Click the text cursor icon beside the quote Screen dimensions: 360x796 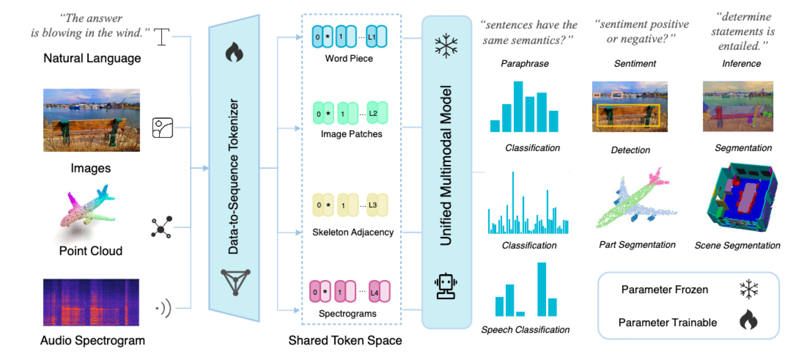point(162,37)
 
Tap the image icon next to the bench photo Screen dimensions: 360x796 point(162,128)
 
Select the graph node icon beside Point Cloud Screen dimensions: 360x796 point(161,228)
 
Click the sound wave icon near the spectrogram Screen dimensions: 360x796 point(164,308)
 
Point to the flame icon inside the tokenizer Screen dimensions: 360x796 point(234,52)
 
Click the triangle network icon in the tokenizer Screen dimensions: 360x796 point(236,282)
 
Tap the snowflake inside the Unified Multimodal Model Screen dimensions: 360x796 point(446,46)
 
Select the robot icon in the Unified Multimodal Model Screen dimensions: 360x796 point(446,286)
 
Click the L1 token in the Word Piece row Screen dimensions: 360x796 point(372,37)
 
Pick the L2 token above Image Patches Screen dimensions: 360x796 point(373,113)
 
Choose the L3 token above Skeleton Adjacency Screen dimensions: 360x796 point(373,205)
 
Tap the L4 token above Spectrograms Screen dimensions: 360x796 point(374,292)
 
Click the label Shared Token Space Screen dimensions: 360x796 point(345,340)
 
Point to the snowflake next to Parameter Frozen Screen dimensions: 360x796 point(748,289)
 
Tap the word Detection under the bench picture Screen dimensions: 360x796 point(630,150)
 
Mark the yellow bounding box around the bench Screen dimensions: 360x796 point(628,115)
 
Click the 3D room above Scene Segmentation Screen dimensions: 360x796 point(740,198)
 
